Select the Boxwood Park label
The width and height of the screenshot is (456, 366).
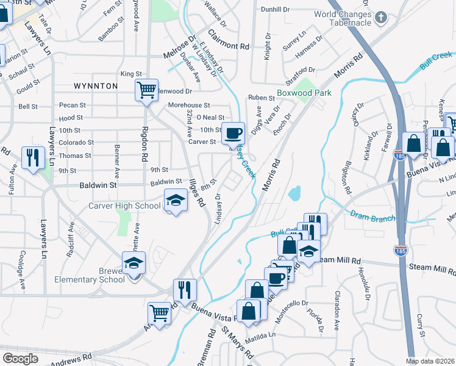pos(304,93)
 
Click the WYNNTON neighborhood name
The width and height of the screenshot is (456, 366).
pos(96,86)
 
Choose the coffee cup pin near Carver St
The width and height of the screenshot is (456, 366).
pos(233,132)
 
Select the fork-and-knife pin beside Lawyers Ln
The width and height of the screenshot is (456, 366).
pos(33,157)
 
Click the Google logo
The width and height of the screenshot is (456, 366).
pos(21,359)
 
